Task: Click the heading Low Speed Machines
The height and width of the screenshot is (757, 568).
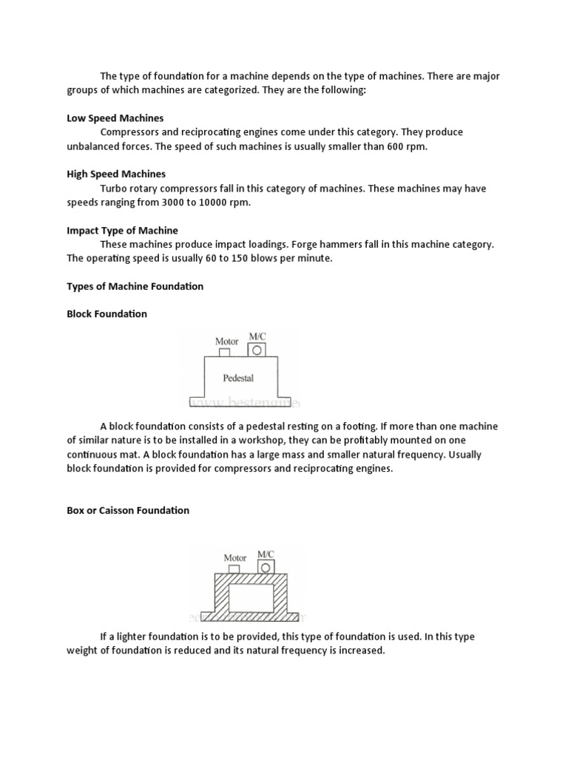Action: (x=115, y=118)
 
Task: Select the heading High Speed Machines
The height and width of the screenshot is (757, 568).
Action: (x=116, y=174)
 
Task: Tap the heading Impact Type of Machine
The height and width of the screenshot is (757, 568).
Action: (x=122, y=231)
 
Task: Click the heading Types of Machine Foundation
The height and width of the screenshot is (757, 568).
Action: (x=135, y=286)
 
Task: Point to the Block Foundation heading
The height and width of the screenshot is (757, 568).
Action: (x=106, y=313)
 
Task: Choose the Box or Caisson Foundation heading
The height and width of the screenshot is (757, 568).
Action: (x=128, y=510)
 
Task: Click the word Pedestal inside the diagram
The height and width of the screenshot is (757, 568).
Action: (x=238, y=378)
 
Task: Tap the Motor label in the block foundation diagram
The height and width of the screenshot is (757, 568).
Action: (x=227, y=341)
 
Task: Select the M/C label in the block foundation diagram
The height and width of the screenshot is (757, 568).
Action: (x=257, y=336)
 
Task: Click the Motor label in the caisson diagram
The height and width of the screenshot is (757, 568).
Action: (x=234, y=557)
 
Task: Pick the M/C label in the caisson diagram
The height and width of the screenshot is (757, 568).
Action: (x=265, y=553)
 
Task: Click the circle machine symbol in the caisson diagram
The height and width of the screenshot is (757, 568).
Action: (x=266, y=567)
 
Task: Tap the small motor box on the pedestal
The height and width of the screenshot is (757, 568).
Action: (x=224, y=352)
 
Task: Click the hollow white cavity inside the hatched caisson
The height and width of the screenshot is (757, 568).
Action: (x=250, y=597)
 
